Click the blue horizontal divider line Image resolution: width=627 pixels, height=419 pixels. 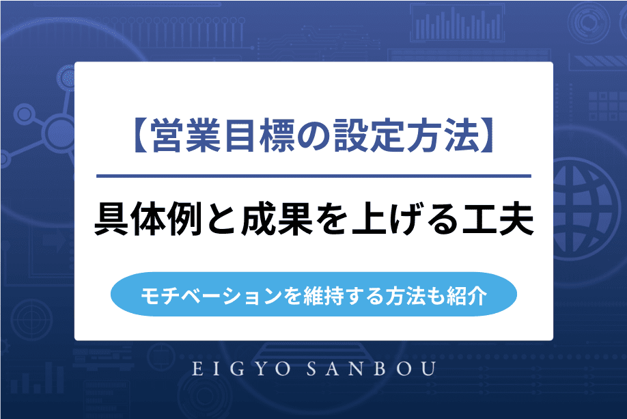(x=313, y=176)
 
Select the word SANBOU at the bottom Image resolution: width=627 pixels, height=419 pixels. (x=372, y=369)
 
